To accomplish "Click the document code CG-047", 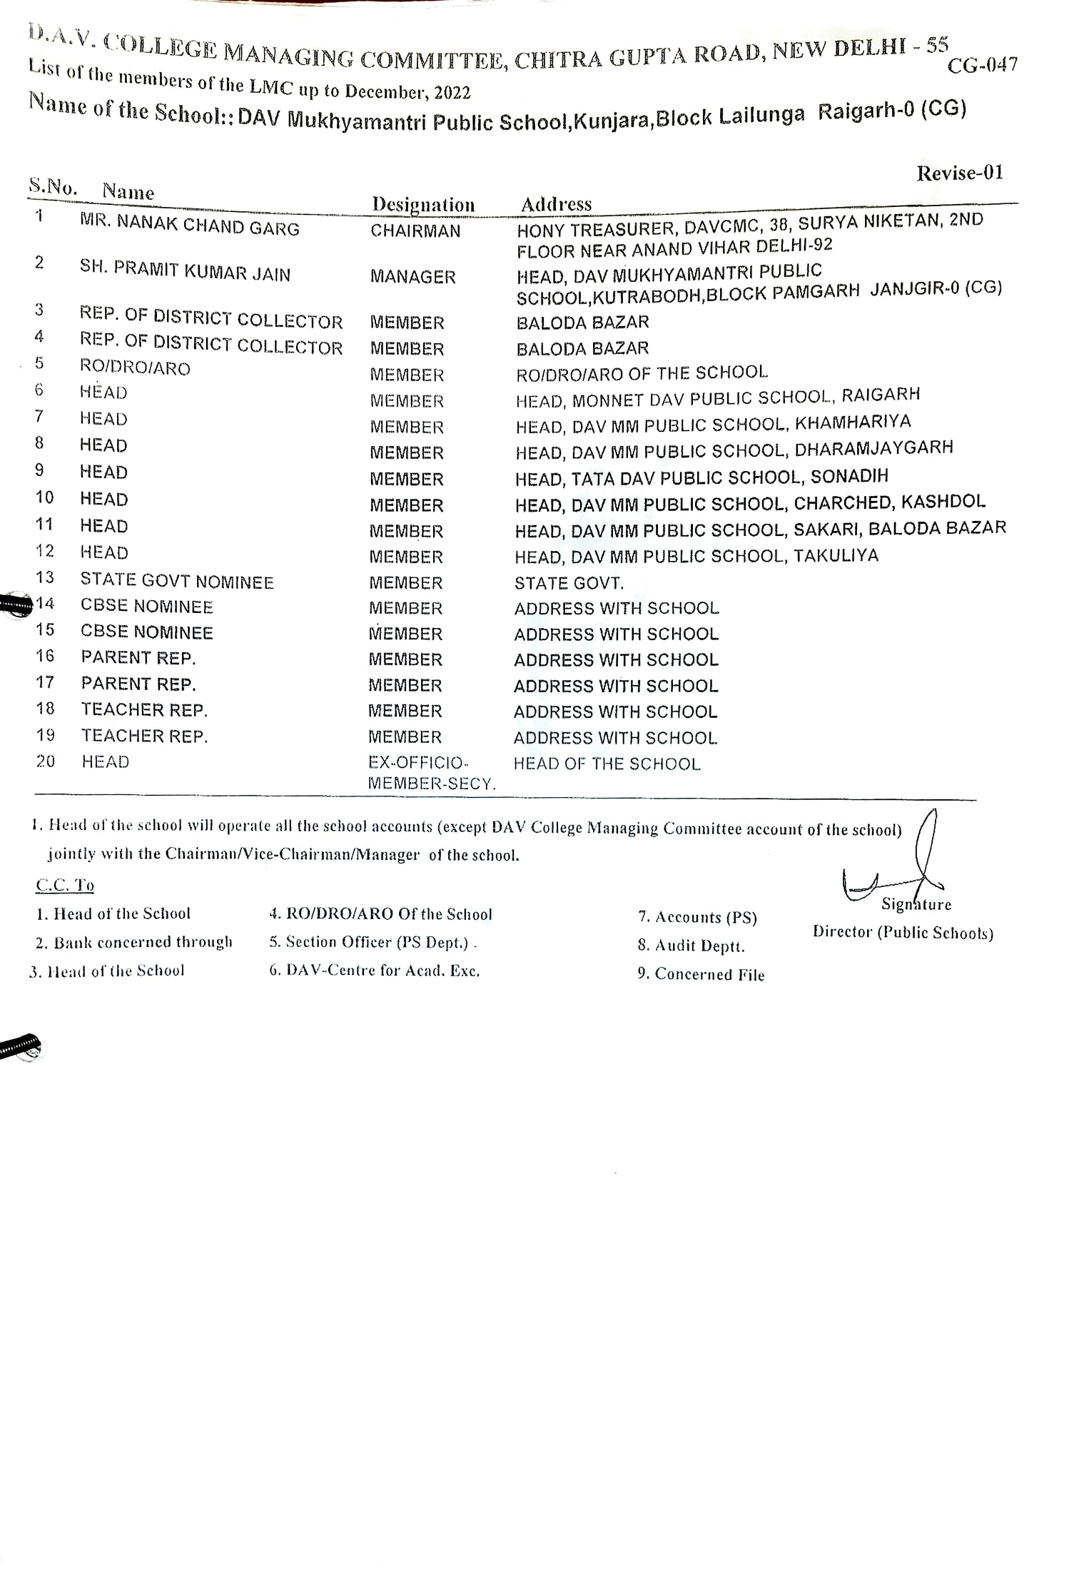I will (x=982, y=65).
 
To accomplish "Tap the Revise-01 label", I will (x=960, y=173).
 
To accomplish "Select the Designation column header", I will (x=423, y=205).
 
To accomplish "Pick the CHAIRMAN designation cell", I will (x=415, y=231).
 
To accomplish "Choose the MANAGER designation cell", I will (x=412, y=277).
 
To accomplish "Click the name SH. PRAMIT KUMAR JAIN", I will (x=185, y=271).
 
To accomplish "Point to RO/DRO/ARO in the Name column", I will (x=135, y=368).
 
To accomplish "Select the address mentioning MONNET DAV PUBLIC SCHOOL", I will (x=717, y=397).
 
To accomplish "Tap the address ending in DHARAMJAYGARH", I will (x=734, y=450).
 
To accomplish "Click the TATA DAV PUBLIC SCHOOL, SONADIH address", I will (x=701, y=477).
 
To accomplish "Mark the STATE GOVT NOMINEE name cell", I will (x=176, y=582).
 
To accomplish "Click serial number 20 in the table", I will (x=46, y=761).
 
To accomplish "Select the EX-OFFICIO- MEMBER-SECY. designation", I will (x=431, y=773).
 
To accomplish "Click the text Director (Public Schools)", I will (x=903, y=933).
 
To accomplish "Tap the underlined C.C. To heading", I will (x=65, y=885).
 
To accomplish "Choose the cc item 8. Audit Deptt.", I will (x=691, y=946).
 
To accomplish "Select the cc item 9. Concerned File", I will (x=701, y=974).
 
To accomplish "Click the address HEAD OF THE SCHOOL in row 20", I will (x=607, y=764).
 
